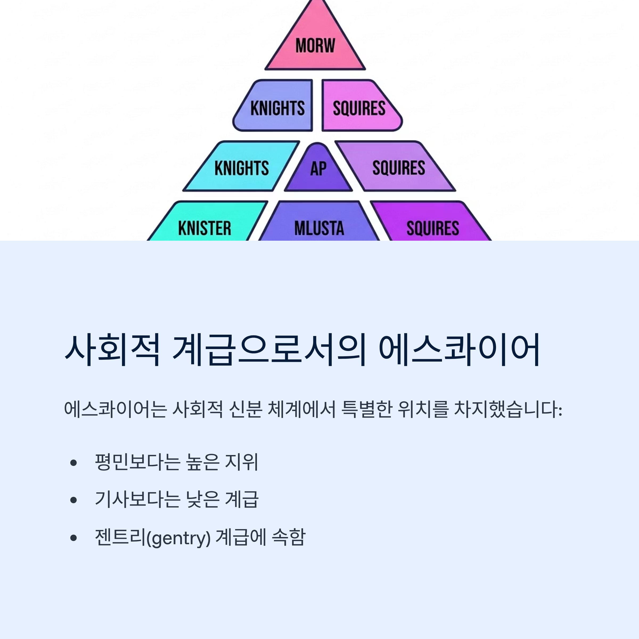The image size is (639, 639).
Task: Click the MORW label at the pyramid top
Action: (315, 45)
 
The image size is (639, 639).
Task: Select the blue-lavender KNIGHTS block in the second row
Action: (277, 108)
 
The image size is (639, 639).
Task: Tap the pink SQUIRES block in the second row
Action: (359, 108)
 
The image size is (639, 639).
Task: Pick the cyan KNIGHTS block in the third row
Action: (242, 168)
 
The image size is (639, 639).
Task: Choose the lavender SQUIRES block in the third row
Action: (399, 168)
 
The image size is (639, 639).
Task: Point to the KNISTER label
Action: (205, 228)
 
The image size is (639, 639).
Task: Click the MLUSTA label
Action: (319, 228)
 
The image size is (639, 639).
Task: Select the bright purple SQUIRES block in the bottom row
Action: (433, 228)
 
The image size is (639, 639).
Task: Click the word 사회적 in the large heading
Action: (112, 350)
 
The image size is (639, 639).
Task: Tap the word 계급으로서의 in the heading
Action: (269, 350)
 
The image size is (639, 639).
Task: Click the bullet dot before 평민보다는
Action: (73, 463)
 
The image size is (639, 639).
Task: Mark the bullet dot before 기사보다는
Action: (73, 500)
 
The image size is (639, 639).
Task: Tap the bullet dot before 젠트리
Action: (73, 538)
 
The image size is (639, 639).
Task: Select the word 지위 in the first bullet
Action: (241, 462)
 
